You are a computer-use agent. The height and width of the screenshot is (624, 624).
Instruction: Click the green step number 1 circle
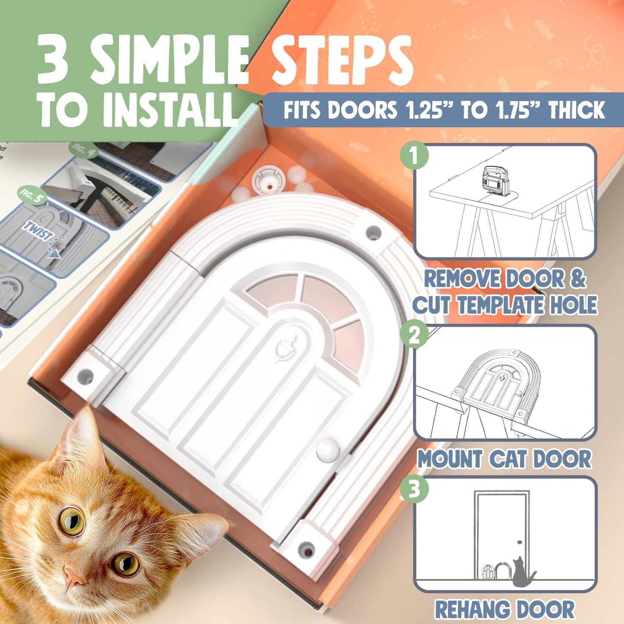pos(414,156)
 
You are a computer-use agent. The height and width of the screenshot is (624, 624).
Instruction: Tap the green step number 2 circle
pos(414,335)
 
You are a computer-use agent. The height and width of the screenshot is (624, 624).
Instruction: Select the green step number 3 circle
pos(414,490)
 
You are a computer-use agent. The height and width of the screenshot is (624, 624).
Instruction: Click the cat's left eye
pos(72,520)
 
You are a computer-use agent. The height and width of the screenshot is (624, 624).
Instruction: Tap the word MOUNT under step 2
pos(450,459)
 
